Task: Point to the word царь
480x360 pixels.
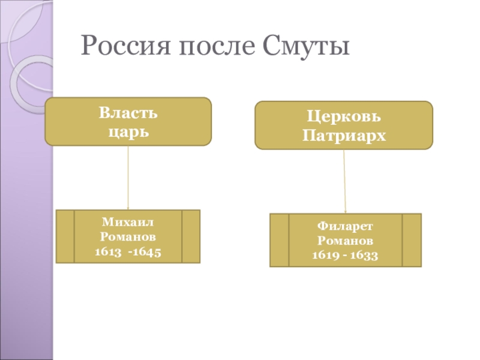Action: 128,128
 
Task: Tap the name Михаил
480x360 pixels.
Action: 128,223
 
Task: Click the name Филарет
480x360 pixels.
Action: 344,227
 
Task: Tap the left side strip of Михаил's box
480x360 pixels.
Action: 65,236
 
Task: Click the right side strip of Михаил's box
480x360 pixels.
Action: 191,236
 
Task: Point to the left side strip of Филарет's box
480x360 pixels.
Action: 279,240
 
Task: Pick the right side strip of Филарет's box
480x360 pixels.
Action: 412,240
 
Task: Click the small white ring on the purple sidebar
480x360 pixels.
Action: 27,82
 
